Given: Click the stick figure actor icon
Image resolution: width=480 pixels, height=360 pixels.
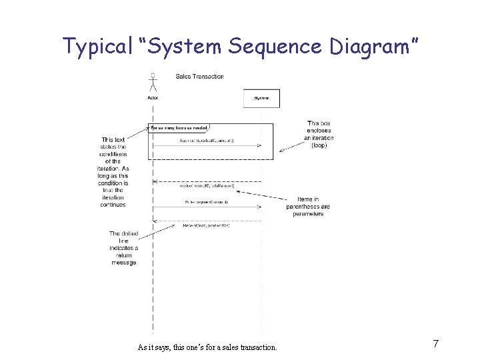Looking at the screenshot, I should coord(153,81).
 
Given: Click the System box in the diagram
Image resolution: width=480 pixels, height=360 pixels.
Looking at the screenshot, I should coord(261,98).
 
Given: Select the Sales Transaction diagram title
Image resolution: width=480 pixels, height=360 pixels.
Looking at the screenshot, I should coord(199,77).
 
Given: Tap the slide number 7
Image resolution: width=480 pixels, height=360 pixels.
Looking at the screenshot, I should coord(435,344).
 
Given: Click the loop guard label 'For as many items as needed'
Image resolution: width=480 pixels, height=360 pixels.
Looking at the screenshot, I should coord(179,127).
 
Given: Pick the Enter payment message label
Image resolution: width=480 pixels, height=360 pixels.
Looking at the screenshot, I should coord(206,201).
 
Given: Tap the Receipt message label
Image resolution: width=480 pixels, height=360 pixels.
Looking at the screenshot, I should coord(206,225).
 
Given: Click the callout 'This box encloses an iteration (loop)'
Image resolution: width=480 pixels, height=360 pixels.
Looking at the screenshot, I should coord(319,134).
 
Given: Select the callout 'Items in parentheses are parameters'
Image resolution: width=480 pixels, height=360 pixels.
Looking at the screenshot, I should coord(307,207).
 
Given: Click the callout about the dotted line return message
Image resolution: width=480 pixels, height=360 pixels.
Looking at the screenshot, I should coord(123,248).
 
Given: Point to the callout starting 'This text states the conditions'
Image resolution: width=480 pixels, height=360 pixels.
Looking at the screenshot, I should coord(111,172).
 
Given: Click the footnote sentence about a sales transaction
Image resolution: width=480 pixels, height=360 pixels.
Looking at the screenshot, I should coord(207,347).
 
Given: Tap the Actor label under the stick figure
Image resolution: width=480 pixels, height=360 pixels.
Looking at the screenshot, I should coord(153,98).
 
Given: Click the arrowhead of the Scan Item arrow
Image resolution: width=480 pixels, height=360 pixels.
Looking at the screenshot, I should coord(259,145).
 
